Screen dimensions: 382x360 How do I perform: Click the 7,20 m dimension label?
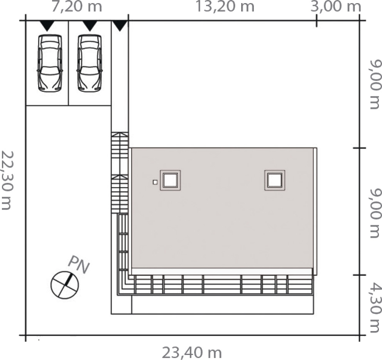click(x=76, y=7)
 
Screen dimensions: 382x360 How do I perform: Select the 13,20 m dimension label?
click(x=225, y=7)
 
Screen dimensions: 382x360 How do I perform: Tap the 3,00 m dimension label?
click(x=335, y=7)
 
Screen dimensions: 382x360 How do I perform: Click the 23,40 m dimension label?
click(x=192, y=352)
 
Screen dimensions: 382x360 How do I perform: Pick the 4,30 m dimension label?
click(x=375, y=308)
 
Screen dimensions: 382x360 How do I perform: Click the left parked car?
click(x=50, y=63)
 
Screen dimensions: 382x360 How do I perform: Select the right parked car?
click(x=90, y=63)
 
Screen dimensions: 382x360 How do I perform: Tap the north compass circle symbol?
click(x=64, y=285)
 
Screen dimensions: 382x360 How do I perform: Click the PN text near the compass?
click(x=79, y=265)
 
